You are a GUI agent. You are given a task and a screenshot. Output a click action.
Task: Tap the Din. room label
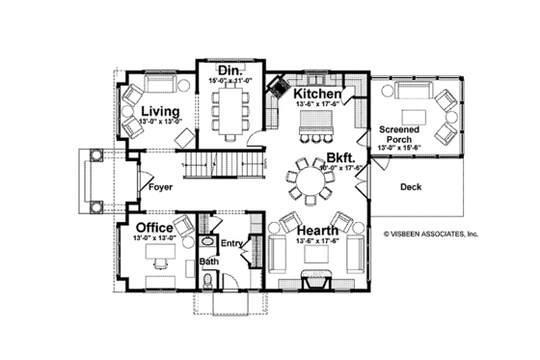pos(229,70)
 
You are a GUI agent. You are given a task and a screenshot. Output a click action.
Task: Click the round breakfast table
pos(316,181)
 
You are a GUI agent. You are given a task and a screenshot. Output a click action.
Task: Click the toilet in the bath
pos(209,281)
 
